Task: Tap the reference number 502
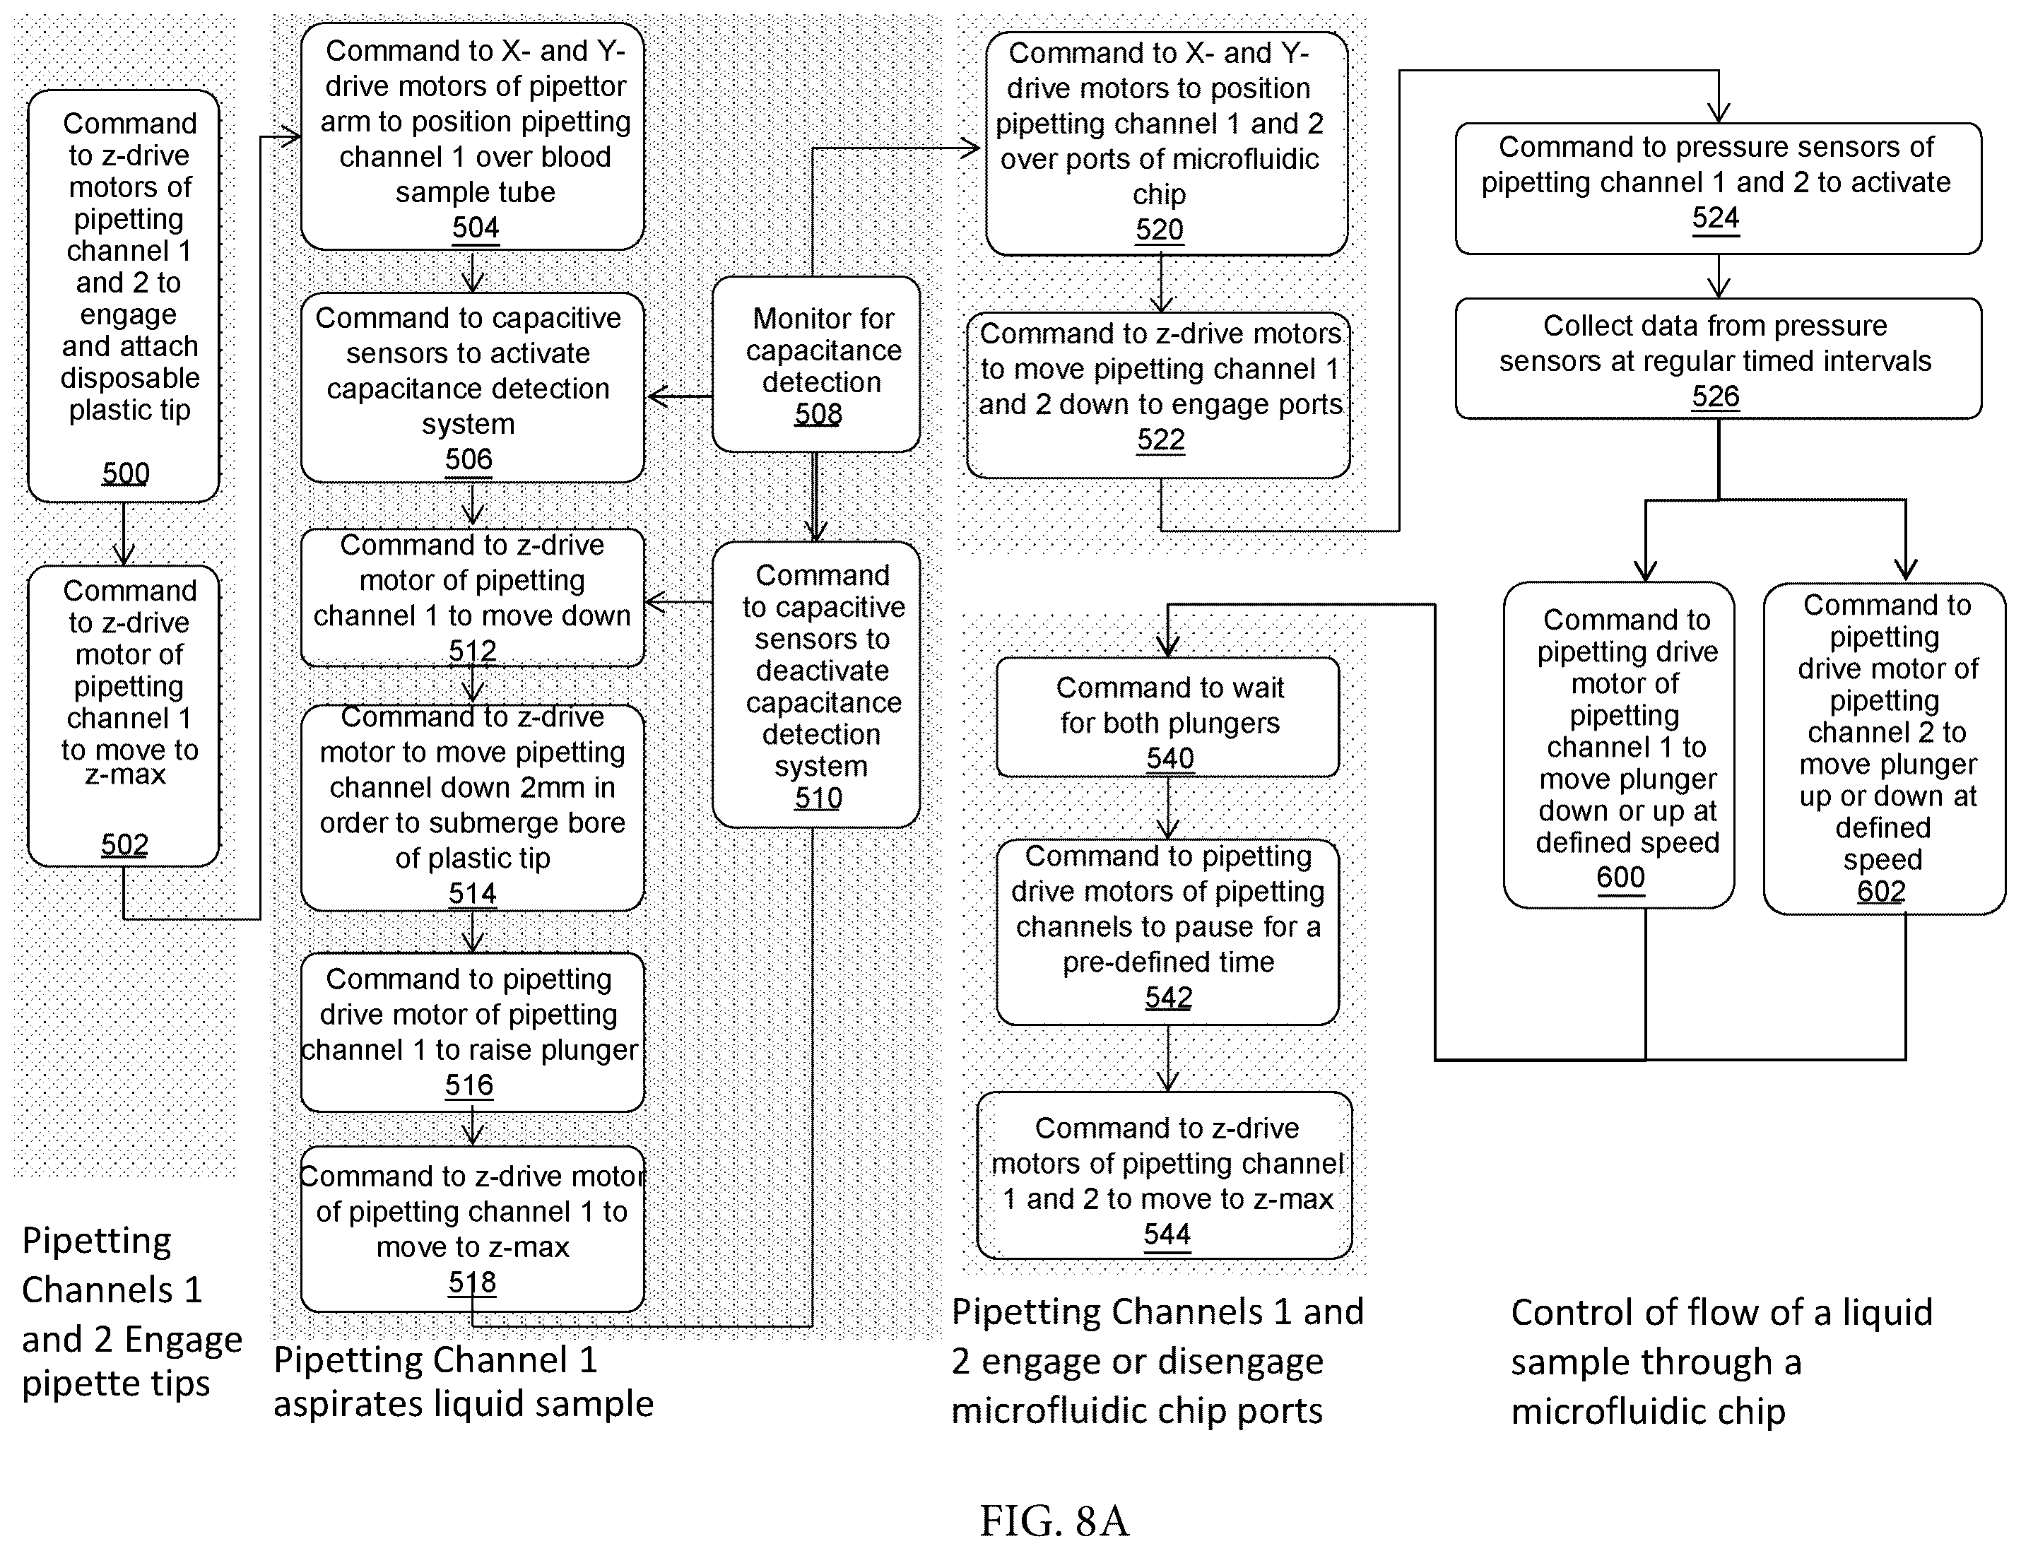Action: (x=124, y=844)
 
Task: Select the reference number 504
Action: (x=475, y=227)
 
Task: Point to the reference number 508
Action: (x=818, y=413)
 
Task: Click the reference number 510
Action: (x=818, y=798)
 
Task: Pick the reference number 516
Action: (x=469, y=1085)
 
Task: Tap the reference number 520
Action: (x=1160, y=229)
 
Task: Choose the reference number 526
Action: (x=1716, y=396)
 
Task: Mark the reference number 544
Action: (x=1167, y=1234)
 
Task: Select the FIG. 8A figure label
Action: (x=1054, y=1521)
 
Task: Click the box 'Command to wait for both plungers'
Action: (x=1168, y=717)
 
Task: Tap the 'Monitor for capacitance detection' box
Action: (x=816, y=364)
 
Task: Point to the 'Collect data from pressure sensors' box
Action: (x=1718, y=358)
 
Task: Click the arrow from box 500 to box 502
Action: (x=124, y=533)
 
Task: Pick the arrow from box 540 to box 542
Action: (x=1168, y=808)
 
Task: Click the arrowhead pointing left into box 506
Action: (x=657, y=397)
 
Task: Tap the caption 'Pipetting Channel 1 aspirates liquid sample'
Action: (x=464, y=1382)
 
